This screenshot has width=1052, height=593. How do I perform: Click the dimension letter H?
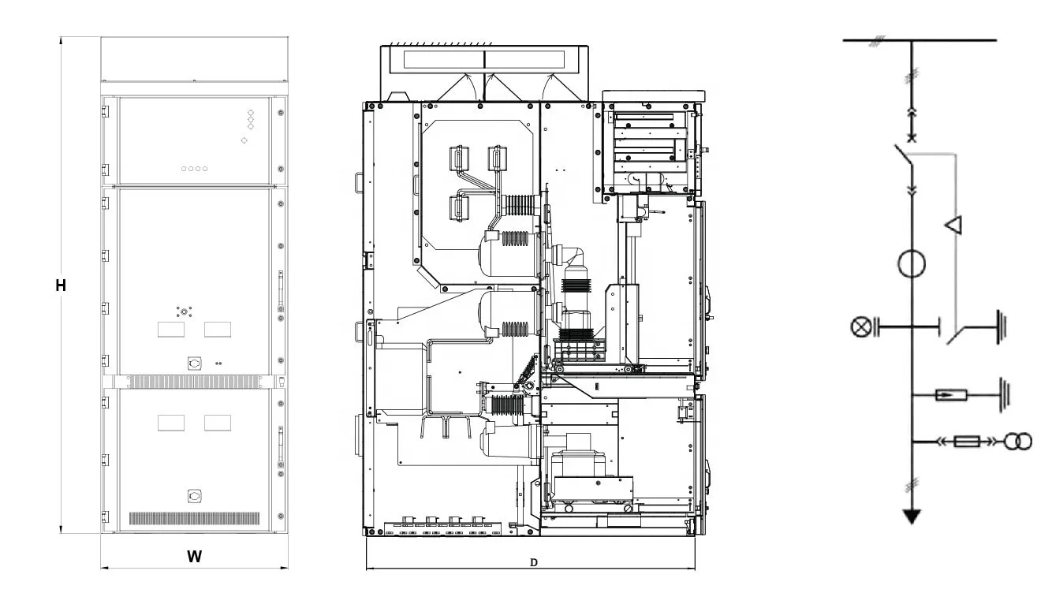60,285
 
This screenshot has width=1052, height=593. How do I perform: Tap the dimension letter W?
194,557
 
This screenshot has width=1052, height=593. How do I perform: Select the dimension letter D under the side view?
533,562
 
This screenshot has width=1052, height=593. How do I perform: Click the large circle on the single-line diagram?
912,263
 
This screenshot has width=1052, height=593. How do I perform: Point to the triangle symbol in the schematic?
954,226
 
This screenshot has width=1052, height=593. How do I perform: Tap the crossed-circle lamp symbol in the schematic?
860,326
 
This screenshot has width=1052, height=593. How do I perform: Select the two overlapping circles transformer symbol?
1017,442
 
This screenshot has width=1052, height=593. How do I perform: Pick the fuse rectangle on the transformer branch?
966,442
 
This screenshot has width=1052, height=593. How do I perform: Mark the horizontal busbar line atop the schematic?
919,39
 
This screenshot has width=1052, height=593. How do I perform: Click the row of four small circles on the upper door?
194,169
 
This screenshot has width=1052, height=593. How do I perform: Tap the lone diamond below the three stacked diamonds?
244,140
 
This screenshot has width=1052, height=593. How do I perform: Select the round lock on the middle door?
194,364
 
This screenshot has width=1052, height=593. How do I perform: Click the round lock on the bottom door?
194,495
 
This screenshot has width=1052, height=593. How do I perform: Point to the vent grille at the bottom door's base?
194,519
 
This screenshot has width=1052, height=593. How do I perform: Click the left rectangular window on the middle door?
171,330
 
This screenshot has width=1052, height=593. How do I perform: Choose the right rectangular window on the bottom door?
218,423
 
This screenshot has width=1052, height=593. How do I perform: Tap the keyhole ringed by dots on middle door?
184,311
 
